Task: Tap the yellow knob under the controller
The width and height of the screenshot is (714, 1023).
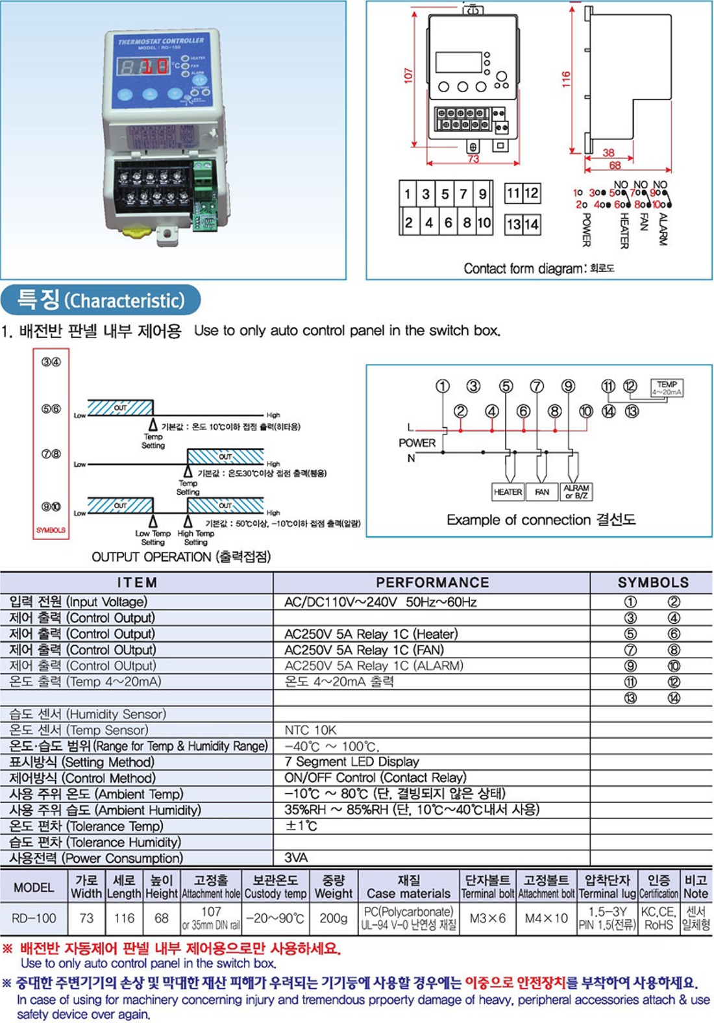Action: coord(138,230)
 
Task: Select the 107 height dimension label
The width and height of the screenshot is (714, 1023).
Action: coord(408,76)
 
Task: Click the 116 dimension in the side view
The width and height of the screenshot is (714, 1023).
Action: coord(566,80)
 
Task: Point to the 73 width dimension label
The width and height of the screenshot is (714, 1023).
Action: coord(473,159)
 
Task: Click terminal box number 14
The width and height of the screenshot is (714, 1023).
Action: coord(532,225)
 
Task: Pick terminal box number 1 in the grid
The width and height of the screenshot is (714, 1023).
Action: coord(408,193)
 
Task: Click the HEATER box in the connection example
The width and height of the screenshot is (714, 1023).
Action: coord(508,492)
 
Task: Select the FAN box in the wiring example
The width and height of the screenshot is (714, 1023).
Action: coord(542,492)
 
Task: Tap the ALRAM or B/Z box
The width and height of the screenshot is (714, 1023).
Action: coord(576,492)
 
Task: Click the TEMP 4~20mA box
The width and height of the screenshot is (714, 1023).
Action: coord(667,388)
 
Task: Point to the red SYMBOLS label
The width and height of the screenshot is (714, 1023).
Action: coord(51,530)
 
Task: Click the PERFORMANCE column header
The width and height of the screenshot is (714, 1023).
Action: coord(432,582)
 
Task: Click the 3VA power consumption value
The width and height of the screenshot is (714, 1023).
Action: coord(296,858)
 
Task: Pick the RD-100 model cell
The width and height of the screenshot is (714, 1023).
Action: coord(34,918)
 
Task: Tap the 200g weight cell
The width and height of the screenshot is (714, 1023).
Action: coord(334,918)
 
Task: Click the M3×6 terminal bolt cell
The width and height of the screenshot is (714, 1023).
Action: coord(487,918)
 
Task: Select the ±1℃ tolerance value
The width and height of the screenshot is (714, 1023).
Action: coord(301,826)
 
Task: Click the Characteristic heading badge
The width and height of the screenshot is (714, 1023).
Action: coord(101,300)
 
